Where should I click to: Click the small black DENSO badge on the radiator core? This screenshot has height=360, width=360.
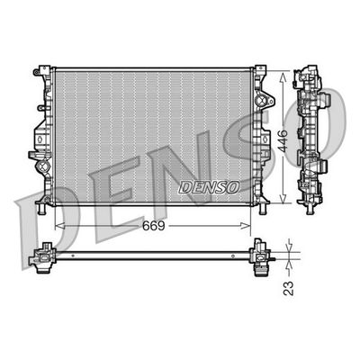(x=208, y=186)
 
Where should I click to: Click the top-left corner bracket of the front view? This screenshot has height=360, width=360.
(x=40, y=72)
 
